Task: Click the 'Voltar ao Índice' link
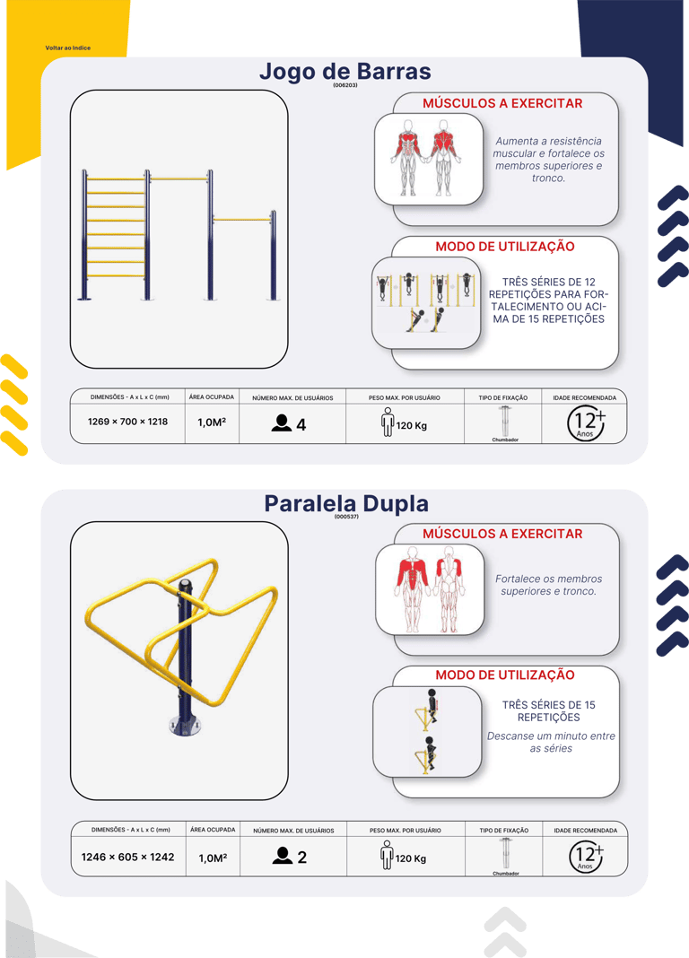pos(68,48)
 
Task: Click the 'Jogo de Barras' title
pos(345,71)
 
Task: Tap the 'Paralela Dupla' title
pos(346,503)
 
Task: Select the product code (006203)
pos(345,85)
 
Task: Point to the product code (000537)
pos(346,517)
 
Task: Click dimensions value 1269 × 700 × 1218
pos(127,422)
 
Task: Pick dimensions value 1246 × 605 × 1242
pos(127,858)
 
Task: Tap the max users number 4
pos(301,424)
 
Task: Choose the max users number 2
pos(301,858)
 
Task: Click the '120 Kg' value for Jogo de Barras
pos(411,425)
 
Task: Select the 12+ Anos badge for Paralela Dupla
pos(587,856)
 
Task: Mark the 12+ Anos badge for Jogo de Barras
pos(586,422)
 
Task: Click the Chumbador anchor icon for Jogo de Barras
pos(504,421)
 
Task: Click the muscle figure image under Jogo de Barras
pos(428,158)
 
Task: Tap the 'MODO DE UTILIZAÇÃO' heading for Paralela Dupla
pos(504,675)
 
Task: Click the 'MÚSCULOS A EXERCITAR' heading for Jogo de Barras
pos(502,103)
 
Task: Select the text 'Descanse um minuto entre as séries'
pos(551,743)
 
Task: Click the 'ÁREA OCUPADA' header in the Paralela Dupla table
pos(213,830)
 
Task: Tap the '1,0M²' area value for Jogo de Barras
pos(212,422)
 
